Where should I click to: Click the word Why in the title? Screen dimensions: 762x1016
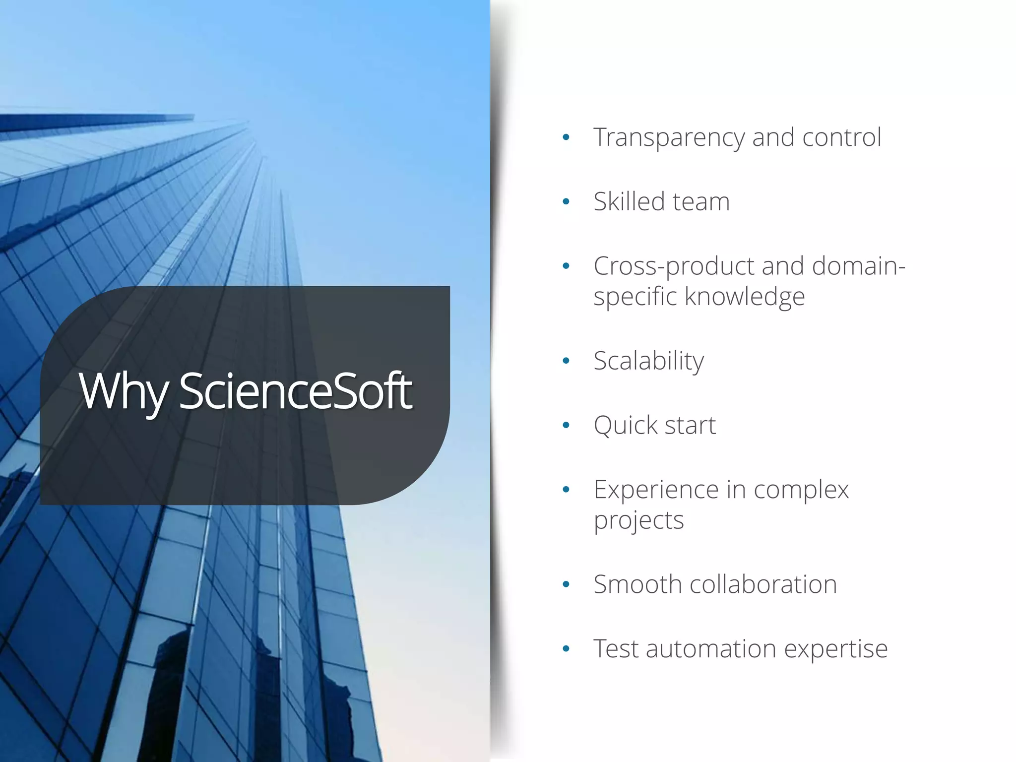coord(124,392)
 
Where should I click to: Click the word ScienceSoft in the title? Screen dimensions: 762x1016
coord(295,391)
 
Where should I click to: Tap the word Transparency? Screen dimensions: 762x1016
coord(669,138)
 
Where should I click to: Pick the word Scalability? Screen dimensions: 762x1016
coord(648,361)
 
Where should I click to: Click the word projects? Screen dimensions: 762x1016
coord(638,521)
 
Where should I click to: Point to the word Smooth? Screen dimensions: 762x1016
coord(637,584)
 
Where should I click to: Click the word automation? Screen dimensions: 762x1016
coord(710,649)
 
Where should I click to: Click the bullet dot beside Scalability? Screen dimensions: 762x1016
coord(566,361)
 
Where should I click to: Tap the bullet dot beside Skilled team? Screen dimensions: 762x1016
coord(566,202)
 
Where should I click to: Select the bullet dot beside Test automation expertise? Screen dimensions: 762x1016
coord(566,648)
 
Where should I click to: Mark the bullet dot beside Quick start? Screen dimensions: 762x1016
coord(566,425)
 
